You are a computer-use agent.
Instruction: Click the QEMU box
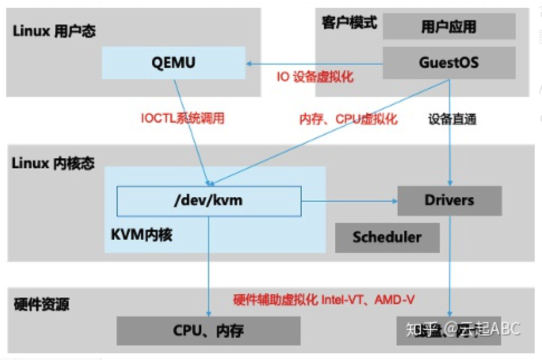coord(173,62)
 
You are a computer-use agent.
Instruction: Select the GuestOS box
coord(448,62)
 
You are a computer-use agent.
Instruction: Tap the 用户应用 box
coord(448,26)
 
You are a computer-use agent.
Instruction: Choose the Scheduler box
coord(387,237)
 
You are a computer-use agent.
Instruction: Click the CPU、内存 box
coord(208,331)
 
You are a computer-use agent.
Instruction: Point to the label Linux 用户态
coord(54,31)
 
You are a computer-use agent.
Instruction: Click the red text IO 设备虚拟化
coord(315,77)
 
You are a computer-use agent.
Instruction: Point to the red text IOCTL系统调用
coord(182,118)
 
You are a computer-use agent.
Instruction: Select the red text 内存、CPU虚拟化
coord(349,119)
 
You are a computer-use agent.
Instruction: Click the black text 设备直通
coord(452,119)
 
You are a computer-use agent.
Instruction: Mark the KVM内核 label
coord(142,235)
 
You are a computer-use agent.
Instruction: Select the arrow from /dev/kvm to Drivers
coord(349,201)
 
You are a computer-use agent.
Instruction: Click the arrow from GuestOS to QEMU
coord(315,64)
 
